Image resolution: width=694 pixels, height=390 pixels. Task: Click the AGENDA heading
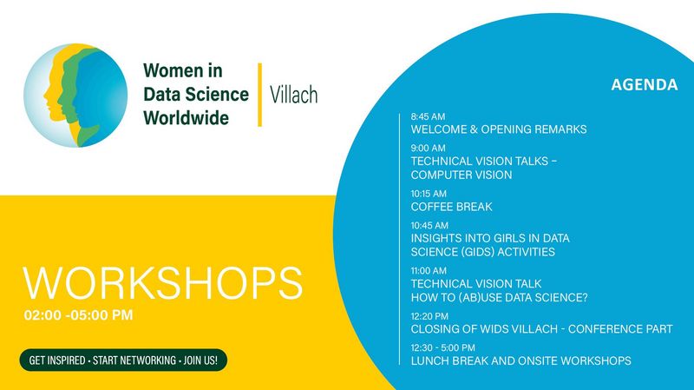coord(645,84)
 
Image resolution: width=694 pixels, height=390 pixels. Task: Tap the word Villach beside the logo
coord(294,95)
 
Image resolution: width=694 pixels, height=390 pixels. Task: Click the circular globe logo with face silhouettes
coord(75,96)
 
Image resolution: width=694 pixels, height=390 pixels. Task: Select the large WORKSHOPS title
coord(163,283)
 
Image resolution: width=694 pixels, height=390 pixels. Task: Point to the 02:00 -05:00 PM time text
coord(78,315)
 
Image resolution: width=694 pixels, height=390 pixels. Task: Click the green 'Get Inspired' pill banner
coord(123,360)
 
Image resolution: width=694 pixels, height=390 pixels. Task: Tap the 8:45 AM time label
coord(428,116)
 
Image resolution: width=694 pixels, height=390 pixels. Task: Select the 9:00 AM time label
coord(428,148)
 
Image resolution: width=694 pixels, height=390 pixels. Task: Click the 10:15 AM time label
coord(429,194)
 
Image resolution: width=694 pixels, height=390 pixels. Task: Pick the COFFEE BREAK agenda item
coord(451,207)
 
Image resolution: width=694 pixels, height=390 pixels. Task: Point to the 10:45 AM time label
coord(429,225)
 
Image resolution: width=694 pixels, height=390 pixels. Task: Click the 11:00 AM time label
coord(429,270)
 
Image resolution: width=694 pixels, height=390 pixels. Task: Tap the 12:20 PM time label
coord(429,316)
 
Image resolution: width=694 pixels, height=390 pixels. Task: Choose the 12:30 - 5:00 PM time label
coord(443,348)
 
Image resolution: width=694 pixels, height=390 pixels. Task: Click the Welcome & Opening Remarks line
coord(499,129)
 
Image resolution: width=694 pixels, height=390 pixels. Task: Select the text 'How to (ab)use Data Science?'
coord(500,297)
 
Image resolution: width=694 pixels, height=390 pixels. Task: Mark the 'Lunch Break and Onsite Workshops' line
coord(521,360)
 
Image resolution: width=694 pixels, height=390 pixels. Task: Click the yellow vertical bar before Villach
coord(259,95)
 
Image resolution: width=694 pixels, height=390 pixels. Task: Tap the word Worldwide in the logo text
coord(187,118)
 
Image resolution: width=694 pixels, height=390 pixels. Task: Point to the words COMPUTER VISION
coord(462,175)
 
